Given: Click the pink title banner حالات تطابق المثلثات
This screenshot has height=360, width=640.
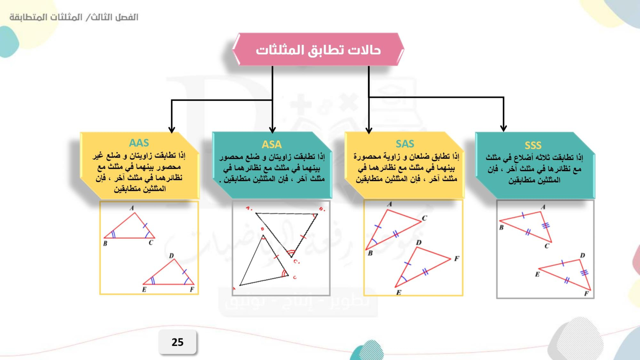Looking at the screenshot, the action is click(318, 50).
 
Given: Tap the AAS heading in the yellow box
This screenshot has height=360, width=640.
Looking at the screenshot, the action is click(139, 142).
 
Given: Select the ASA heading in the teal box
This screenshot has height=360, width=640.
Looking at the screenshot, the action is click(272, 144).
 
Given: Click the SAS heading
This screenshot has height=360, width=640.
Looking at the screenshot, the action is click(405, 144).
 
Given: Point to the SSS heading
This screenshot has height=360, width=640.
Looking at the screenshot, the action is click(533, 146).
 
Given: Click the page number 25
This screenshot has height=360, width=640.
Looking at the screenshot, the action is click(178, 342).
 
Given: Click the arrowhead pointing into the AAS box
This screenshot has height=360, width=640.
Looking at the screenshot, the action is click(172, 130).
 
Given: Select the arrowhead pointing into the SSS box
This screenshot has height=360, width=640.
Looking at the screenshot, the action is click(504, 128).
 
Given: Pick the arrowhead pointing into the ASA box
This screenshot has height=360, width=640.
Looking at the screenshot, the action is click(272, 130).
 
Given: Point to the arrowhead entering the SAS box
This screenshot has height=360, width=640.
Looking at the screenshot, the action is click(369, 130).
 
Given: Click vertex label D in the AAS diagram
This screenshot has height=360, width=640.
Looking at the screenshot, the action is click(172, 256).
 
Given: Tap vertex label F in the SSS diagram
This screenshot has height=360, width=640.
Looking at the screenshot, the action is click(586, 294).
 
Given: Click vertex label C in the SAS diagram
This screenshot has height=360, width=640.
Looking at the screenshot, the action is click(424, 218).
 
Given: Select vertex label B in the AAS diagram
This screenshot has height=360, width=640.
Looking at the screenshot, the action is click(105, 244).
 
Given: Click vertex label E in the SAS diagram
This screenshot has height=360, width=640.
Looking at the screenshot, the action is click(398, 292).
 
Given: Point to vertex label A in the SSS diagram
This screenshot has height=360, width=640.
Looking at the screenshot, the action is click(543, 207).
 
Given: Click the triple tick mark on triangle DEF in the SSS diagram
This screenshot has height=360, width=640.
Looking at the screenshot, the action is click(584, 272).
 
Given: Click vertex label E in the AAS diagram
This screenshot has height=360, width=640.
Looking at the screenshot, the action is click(144, 290).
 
